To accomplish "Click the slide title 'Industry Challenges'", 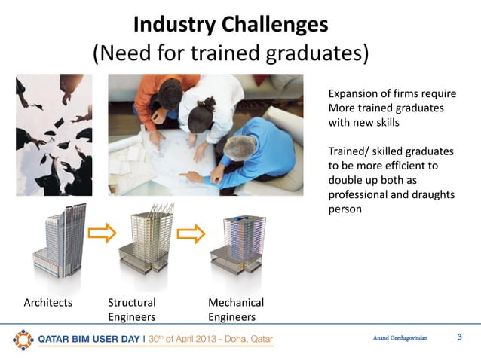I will pyautogui.click(x=231, y=24).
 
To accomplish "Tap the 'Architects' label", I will pyautogui.click(x=48, y=303).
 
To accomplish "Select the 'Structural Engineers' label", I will pyautogui.click(x=133, y=310).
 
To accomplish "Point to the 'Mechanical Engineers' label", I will pyautogui.click(x=236, y=310).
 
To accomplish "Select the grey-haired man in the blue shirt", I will pyautogui.click(x=253, y=154).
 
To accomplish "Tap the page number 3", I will pyautogui.click(x=460, y=337).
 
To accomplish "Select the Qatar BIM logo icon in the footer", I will pyautogui.click(x=23, y=339).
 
